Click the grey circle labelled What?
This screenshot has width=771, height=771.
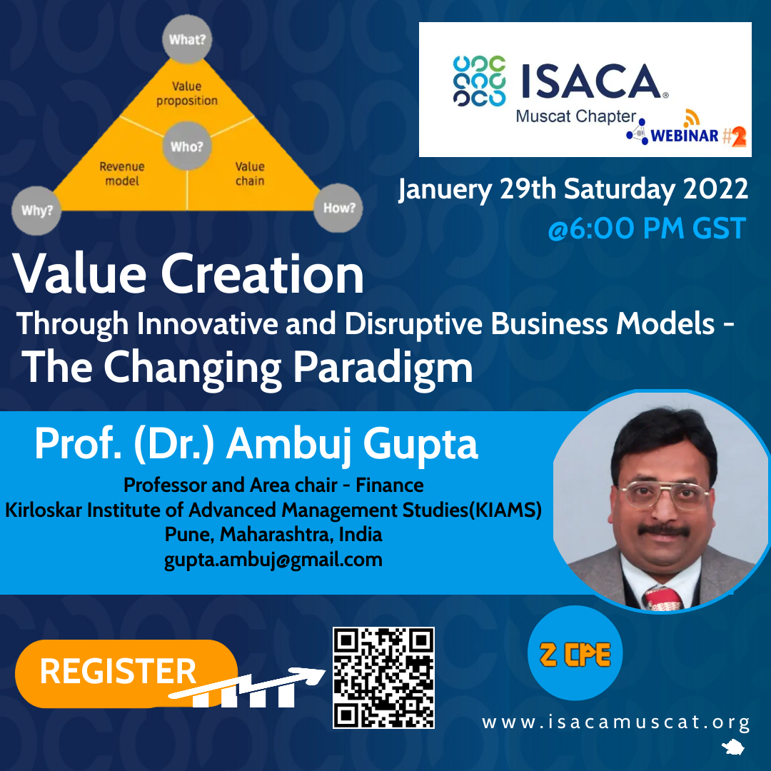click(x=187, y=39)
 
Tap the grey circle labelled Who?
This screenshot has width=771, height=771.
click(x=187, y=146)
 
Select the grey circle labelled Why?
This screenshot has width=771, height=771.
click(x=36, y=211)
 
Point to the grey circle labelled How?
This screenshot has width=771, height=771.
click(x=338, y=208)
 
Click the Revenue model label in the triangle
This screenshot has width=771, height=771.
click(x=122, y=173)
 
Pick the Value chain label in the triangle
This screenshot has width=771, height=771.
click(x=250, y=173)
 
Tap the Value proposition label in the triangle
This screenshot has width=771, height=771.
click(x=187, y=94)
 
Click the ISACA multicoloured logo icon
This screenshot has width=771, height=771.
click(x=480, y=81)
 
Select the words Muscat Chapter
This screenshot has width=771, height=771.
click(x=576, y=116)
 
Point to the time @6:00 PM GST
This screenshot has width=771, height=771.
click(x=647, y=228)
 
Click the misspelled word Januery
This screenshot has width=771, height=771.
click(x=445, y=189)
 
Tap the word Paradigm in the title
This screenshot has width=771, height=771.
click(x=383, y=368)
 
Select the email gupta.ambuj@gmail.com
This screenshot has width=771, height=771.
click(x=273, y=560)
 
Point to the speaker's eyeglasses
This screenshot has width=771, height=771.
click(x=664, y=495)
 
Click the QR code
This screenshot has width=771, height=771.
click(x=383, y=677)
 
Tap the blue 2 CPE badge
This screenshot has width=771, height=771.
click(x=575, y=653)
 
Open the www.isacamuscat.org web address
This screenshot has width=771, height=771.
click(x=615, y=722)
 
